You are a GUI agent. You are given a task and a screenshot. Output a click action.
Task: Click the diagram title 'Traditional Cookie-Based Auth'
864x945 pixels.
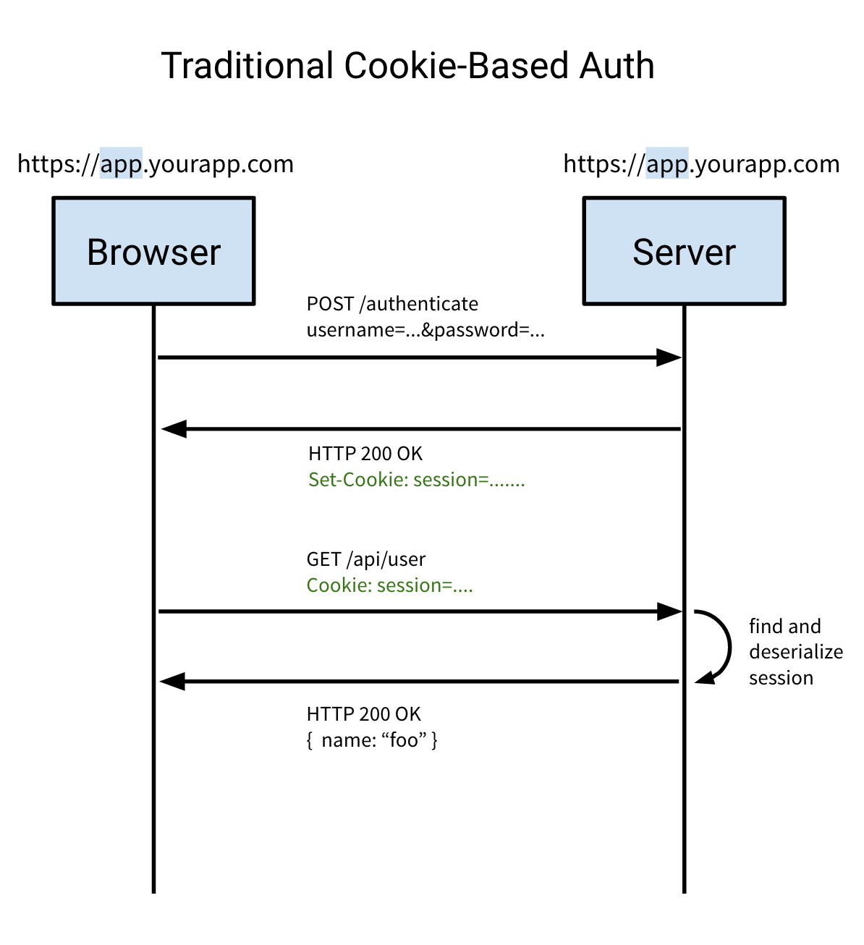click(407, 66)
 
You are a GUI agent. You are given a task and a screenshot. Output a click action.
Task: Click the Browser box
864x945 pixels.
click(153, 251)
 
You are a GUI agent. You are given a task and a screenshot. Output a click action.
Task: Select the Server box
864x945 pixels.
click(684, 251)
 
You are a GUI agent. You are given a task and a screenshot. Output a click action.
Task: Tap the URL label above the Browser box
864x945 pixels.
click(156, 164)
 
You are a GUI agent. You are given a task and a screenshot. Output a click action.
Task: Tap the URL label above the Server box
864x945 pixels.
click(701, 164)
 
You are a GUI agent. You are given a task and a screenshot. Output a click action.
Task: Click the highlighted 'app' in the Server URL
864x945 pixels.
click(666, 164)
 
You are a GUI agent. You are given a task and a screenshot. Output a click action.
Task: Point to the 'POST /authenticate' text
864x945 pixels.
click(392, 304)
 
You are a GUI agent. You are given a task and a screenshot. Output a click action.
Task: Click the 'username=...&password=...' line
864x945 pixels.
click(425, 331)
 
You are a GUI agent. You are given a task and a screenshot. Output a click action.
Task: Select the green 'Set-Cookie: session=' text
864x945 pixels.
click(416, 480)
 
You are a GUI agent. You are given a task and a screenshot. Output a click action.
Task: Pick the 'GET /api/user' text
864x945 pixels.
click(365, 559)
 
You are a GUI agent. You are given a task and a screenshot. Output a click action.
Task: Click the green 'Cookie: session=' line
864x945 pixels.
click(389, 585)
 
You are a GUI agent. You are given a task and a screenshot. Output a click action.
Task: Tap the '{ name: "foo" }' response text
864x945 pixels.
click(372, 740)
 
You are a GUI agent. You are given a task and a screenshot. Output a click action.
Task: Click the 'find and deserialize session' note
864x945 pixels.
click(795, 652)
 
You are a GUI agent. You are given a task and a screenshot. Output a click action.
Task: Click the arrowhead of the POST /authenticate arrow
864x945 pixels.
click(669, 357)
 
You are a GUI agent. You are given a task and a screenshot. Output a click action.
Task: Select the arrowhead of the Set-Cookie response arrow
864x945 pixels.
click(174, 429)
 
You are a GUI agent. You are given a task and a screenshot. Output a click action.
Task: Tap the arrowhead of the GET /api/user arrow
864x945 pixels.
click(669, 611)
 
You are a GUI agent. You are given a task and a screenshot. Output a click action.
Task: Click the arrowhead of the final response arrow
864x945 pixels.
click(173, 681)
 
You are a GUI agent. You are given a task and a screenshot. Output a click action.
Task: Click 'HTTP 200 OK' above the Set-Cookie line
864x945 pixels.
click(365, 454)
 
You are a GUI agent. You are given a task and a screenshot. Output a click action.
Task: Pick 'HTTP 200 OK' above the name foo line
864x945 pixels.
click(363, 714)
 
